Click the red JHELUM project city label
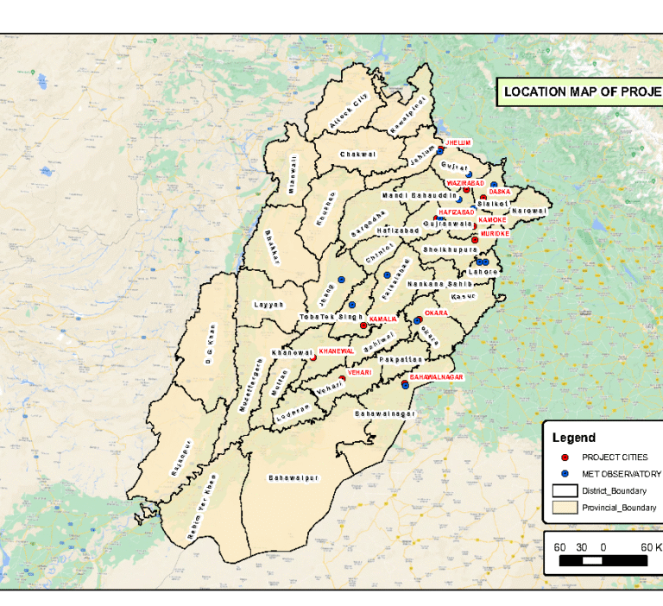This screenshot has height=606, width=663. click(x=458, y=142)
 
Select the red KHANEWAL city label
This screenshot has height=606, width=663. click(x=336, y=351)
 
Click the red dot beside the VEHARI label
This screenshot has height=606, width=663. click(x=343, y=378)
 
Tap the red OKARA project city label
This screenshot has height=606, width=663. click(x=436, y=312)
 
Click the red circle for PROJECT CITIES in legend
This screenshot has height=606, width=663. click(x=564, y=457)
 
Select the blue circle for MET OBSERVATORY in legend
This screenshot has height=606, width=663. click(x=564, y=474)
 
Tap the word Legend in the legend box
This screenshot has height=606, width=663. click(x=573, y=438)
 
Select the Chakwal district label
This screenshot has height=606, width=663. click(x=357, y=155)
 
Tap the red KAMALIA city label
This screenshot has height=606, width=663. click(x=382, y=319)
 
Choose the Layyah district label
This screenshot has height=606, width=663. click(x=268, y=305)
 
